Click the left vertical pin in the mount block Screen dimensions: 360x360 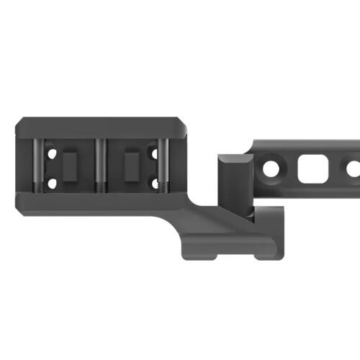pos(36,163)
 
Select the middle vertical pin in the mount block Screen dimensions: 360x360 pos(102,163)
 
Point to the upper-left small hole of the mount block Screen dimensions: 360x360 pos(50,153)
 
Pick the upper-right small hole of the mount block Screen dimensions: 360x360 pos(153,153)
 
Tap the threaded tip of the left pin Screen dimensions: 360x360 pos(36,186)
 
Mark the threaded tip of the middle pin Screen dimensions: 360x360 pos(102,186)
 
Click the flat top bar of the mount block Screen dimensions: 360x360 pos(101,125)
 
